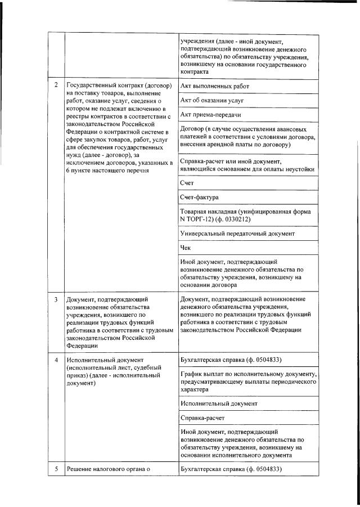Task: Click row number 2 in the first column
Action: tap(56, 86)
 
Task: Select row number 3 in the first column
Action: tap(56, 299)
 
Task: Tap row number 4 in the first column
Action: tap(56, 360)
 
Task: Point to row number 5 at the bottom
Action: tap(56, 469)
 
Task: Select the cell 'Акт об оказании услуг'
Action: tap(212, 100)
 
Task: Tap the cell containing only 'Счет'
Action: tap(187, 183)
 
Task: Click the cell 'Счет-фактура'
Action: tap(200, 198)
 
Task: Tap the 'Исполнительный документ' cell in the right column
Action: tap(219, 403)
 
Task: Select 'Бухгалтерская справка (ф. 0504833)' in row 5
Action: tap(231, 469)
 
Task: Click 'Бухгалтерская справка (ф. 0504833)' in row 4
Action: tap(231, 360)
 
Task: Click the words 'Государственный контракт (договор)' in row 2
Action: tap(115, 86)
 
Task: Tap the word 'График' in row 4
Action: tap(193, 374)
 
